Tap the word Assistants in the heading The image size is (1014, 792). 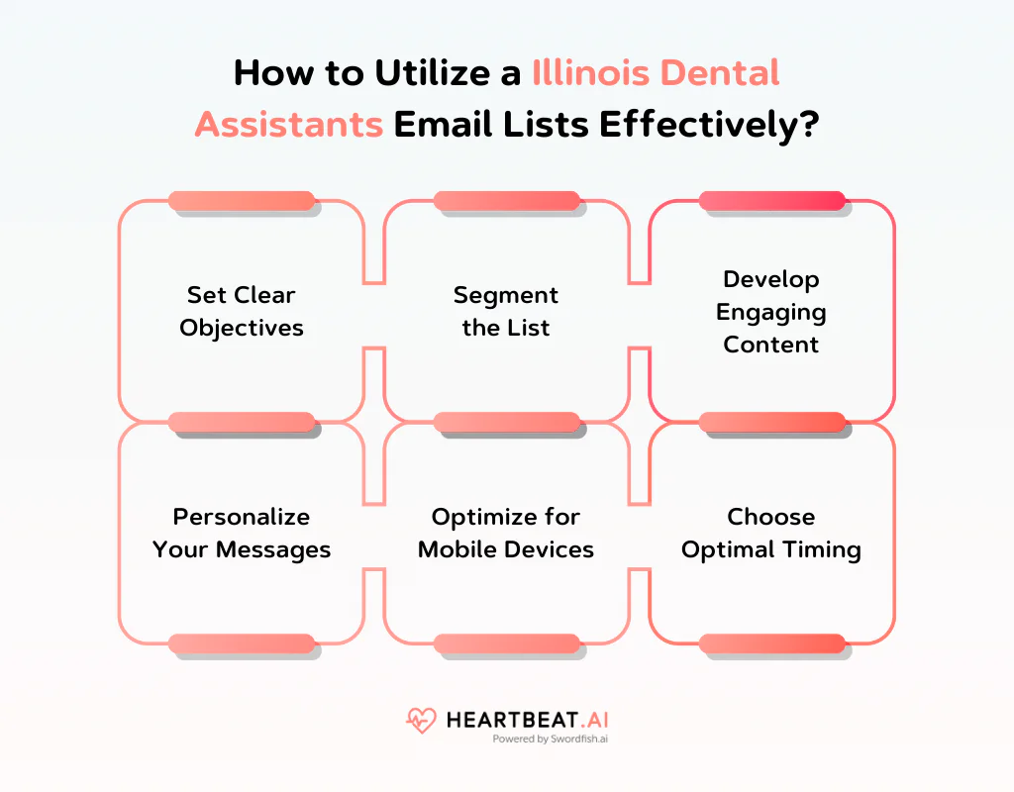coord(288,125)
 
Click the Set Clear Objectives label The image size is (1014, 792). coord(241,311)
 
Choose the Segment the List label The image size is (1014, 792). coord(506,311)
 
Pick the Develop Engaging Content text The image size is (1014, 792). coord(771,311)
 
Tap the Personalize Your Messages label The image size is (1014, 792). coord(241,533)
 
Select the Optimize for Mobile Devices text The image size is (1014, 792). coord(506,533)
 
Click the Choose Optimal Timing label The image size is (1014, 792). coord(771,533)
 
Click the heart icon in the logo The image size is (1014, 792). coord(421,720)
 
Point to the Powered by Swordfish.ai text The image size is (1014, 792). coord(551,739)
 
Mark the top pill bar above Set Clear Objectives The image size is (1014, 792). coord(241,201)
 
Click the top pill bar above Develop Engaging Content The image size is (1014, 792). coord(771,201)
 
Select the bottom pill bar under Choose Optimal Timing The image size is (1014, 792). coord(771,643)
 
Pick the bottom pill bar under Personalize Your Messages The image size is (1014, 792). coord(241,643)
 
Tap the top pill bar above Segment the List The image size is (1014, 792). coord(506,201)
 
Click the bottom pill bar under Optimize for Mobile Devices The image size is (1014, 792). coord(506,643)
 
